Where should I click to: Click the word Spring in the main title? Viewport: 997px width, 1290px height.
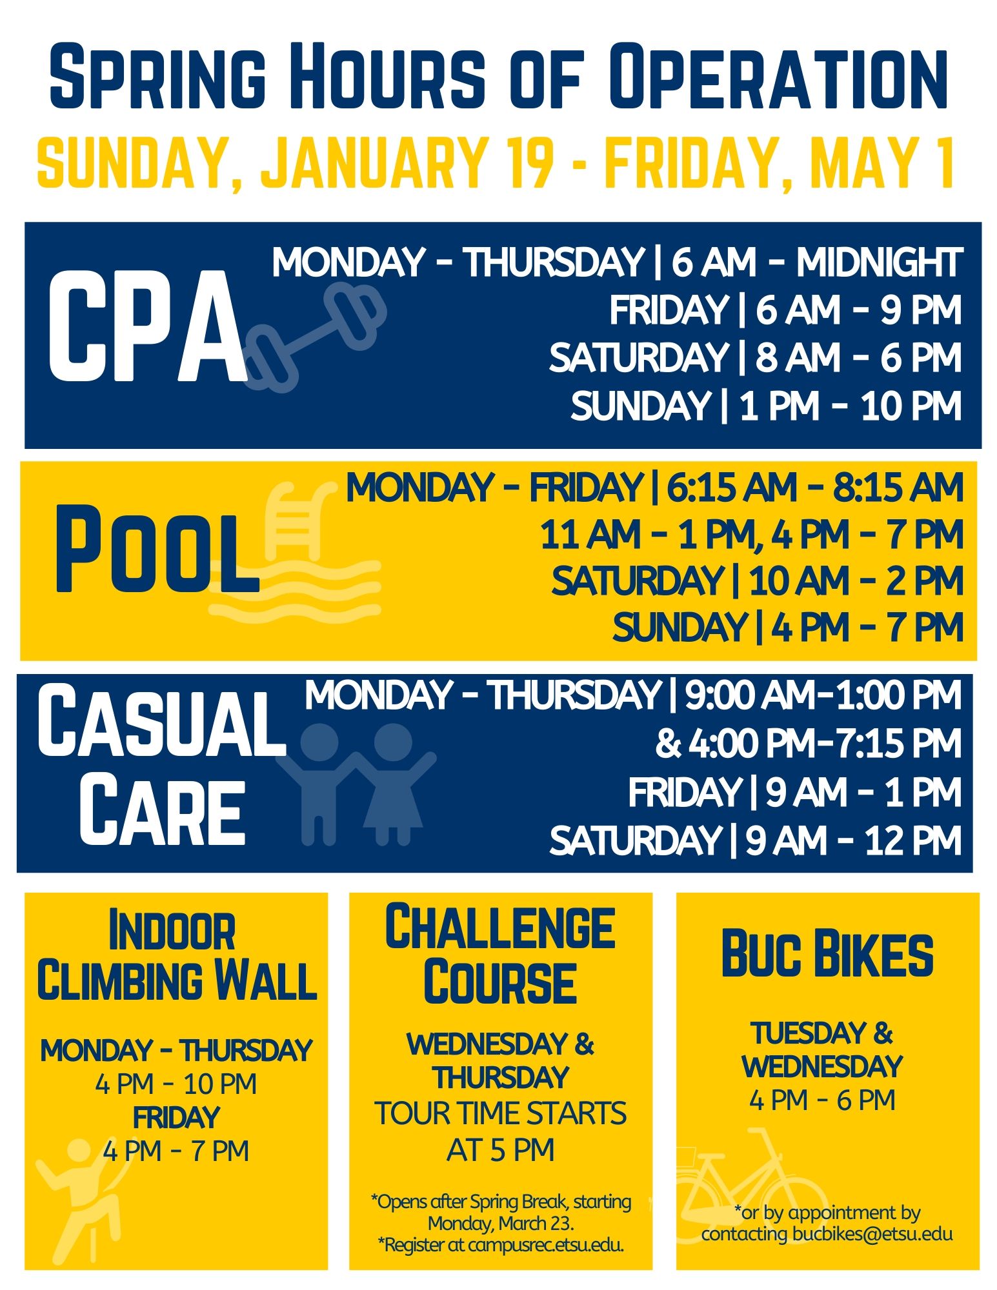coord(157,76)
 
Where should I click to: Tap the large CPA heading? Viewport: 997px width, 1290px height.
coord(147,327)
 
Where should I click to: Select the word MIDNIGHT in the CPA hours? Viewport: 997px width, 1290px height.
coord(879,263)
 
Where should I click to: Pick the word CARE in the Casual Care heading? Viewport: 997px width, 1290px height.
coord(162,812)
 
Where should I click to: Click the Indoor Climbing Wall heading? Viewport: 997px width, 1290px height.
coord(176,955)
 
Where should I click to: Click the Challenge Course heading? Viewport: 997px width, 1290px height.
coord(500,955)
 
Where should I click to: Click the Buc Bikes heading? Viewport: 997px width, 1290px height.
coord(827,954)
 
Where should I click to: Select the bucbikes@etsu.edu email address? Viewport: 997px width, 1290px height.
coord(872,1234)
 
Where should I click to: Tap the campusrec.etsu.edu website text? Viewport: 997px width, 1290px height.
coord(546,1245)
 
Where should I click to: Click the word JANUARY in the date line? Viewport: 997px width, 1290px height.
coord(374,161)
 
